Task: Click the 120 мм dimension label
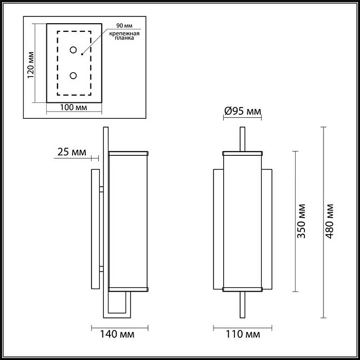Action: coord(30,64)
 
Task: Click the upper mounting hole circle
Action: coord(74,50)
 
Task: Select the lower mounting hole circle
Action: coord(74,76)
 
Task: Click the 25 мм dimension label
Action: coord(71,152)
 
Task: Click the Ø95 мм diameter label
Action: coord(243,112)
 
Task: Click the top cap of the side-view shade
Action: coord(129,153)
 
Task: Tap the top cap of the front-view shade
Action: coord(242,153)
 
